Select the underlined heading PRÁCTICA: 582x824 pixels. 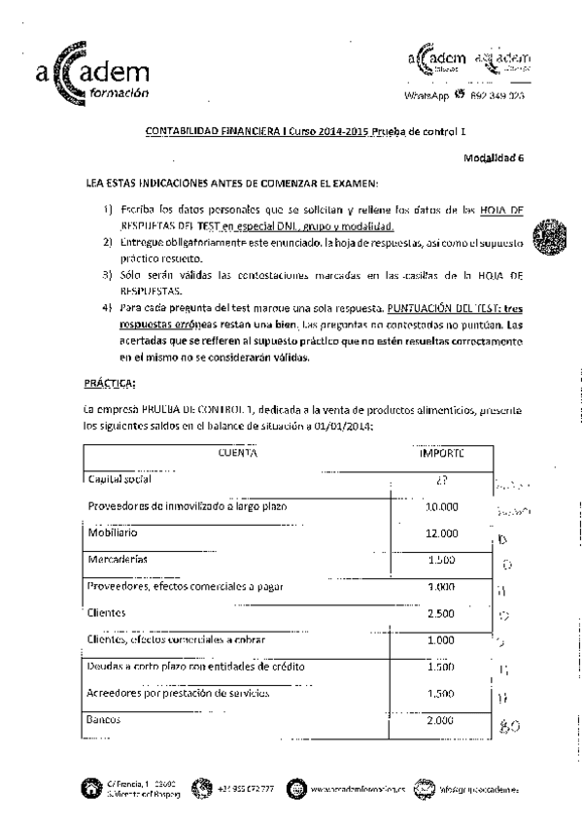109,382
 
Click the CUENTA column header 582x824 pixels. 237,453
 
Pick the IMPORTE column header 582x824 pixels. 440,453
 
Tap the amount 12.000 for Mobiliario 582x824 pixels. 441,532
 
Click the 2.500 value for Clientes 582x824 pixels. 441,613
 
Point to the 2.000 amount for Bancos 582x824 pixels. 441,720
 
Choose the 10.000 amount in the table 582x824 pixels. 441,506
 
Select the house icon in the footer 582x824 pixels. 93,788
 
